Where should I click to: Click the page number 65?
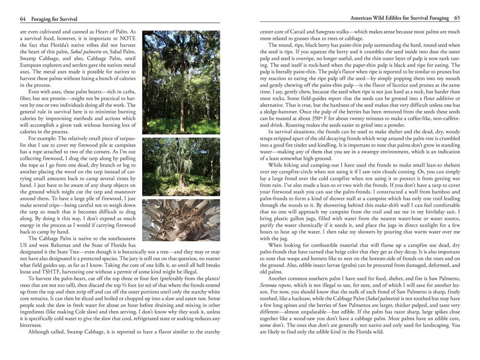tap(457, 19)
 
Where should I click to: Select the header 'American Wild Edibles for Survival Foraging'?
tap(399, 19)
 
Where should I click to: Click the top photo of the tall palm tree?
tap(181, 82)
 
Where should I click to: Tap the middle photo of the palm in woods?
tap(181, 167)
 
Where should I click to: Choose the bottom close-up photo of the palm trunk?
tap(181, 220)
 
